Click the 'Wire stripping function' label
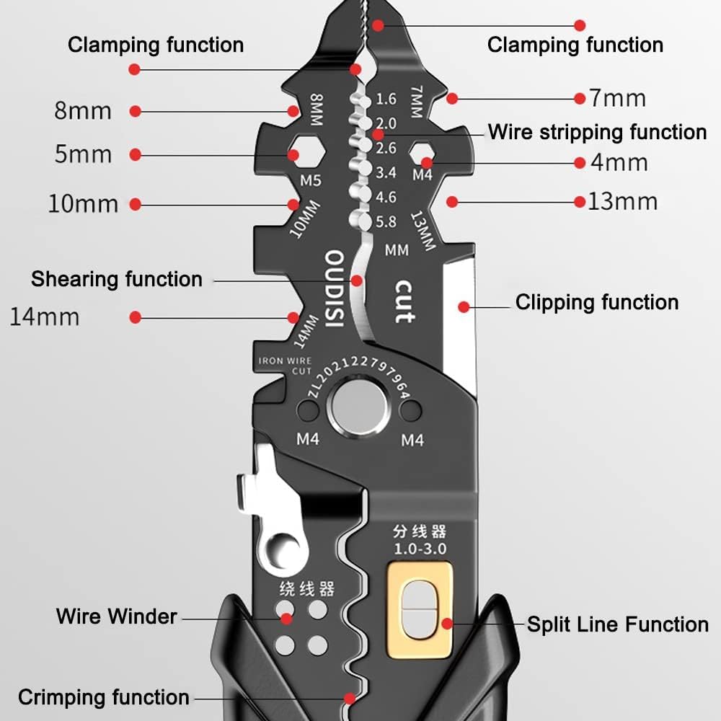(597, 133)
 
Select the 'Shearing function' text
(117, 279)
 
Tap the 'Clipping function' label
(597, 302)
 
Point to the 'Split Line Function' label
(617, 624)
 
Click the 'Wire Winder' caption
(117, 616)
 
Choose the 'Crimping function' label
(104, 697)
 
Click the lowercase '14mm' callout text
(45, 317)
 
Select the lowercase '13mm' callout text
(622, 201)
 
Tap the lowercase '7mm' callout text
(617, 98)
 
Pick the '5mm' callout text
(84, 154)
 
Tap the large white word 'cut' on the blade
(404, 301)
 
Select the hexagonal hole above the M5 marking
(295, 154)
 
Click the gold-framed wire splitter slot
(420, 610)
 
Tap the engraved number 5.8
(386, 221)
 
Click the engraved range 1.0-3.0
(419, 549)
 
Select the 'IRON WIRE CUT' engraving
(286, 366)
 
